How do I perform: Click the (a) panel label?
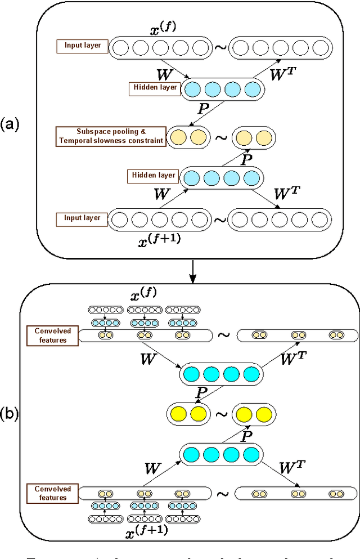[10, 124]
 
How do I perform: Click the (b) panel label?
[10, 415]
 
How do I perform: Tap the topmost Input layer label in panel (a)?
[82, 44]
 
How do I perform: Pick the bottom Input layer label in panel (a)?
[82, 218]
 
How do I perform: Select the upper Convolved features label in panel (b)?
[50, 335]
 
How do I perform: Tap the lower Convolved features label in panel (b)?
[50, 493]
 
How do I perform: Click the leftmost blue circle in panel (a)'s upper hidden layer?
[192, 89]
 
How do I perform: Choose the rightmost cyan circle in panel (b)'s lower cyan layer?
[251, 454]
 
